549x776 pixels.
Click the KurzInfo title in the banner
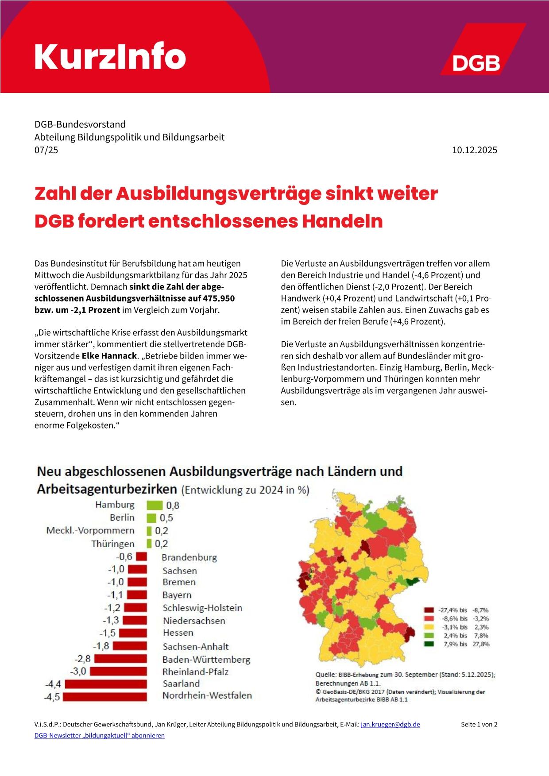point(110,57)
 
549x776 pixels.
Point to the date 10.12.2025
point(475,150)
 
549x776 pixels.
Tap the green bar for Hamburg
point(155,505)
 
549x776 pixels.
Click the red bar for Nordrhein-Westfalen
point(105,696)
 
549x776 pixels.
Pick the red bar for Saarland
point(105,684)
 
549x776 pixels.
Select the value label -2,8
point(83,659)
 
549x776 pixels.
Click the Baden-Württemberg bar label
point(206,660)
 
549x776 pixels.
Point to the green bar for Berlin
point(151,517)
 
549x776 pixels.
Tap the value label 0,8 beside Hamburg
point(173,505)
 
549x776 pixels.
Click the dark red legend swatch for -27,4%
point(429,610)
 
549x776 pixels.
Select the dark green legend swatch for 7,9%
point(429,644)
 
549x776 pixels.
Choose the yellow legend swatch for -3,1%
point(429,627)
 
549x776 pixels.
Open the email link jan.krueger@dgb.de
point(390,725)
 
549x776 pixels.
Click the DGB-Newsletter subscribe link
point(100,735)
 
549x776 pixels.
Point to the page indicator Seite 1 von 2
point(479,725)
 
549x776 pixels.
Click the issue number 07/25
point(46,150)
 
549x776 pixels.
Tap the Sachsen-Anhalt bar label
point(195,646)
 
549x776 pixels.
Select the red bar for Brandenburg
point(141,556)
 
